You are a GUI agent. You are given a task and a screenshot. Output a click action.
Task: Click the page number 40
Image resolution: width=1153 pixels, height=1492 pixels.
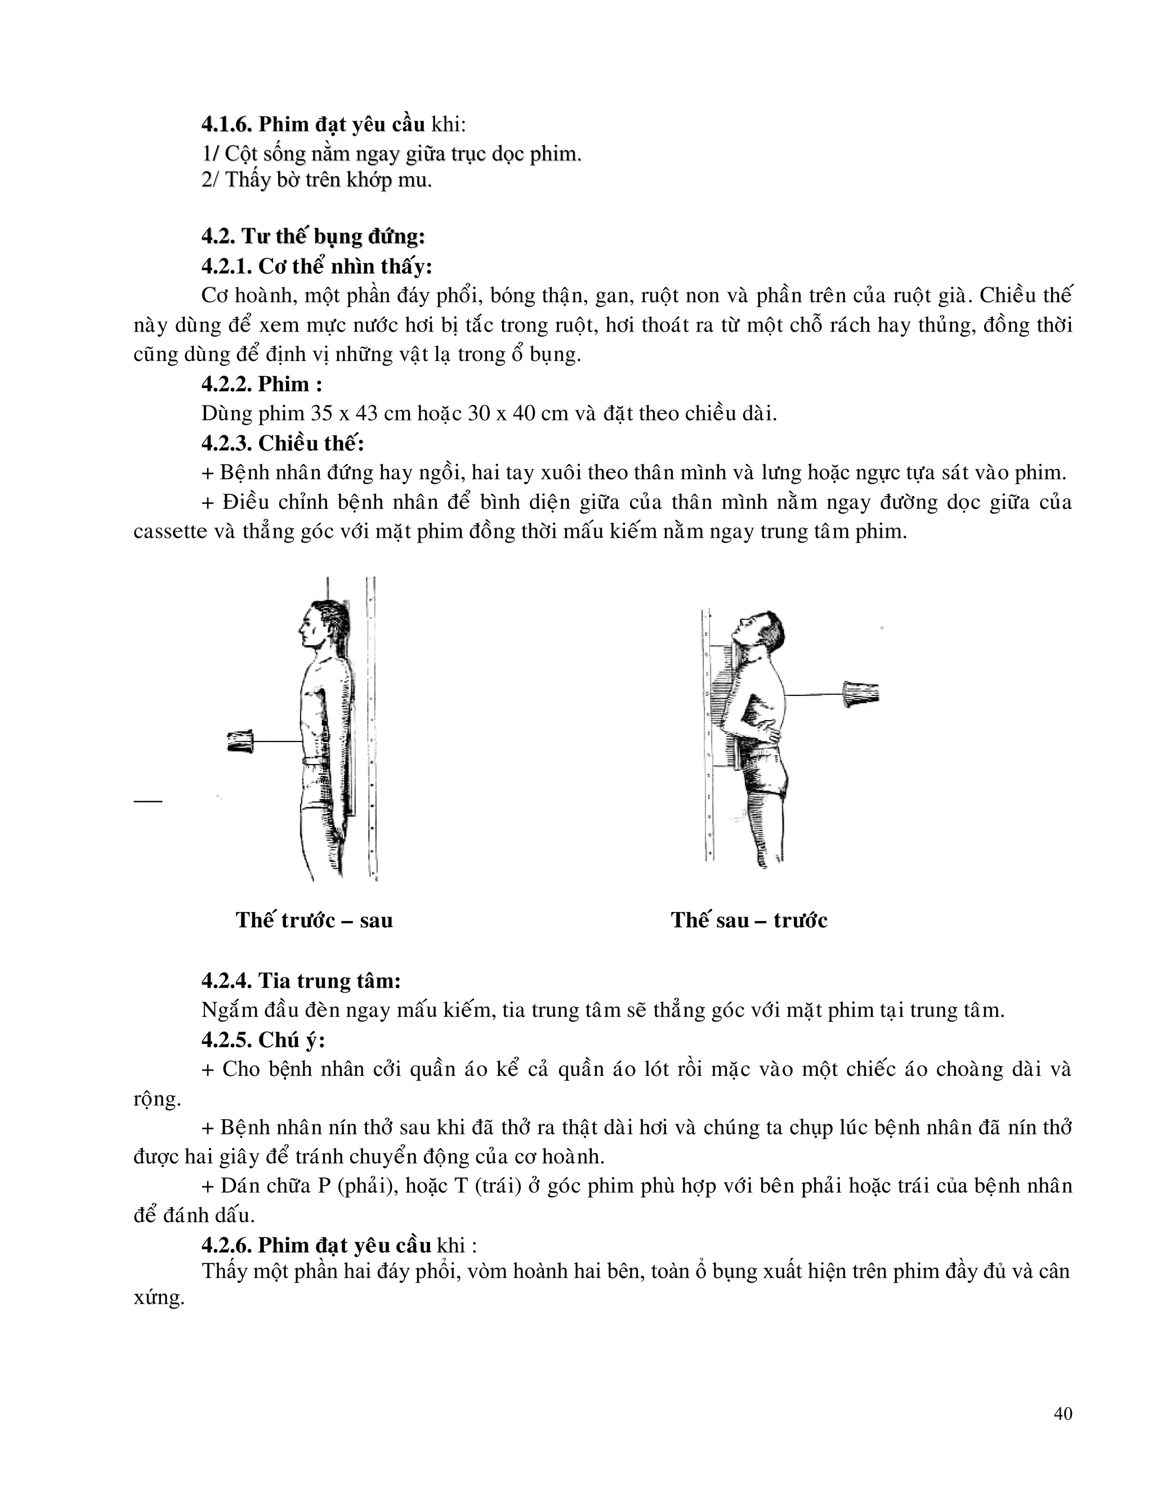click(x=1063, y=1414)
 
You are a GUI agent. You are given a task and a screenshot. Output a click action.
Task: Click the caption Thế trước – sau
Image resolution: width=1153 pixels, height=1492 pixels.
click(x=314, y=920)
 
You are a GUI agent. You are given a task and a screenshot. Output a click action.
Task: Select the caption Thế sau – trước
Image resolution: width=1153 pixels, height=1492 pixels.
click(x=749, y=920)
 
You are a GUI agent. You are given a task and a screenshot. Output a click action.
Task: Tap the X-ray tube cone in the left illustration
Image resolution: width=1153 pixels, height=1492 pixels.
click(x=240, y=742)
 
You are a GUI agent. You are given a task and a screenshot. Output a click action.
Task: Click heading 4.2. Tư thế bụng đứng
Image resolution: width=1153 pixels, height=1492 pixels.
click(x=313, y=237)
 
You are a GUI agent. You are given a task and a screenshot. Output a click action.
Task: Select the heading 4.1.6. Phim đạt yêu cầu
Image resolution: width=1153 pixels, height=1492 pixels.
click(x=313, y=125)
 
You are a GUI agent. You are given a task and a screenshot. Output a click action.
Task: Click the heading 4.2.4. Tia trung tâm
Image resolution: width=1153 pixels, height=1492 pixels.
click(x=301, y=981)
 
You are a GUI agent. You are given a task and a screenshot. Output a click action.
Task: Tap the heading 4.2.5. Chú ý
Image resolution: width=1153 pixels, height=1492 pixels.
click(x=263, y=1040)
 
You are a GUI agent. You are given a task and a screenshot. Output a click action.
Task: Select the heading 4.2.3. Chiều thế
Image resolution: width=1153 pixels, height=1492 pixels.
click(x=282, y=443)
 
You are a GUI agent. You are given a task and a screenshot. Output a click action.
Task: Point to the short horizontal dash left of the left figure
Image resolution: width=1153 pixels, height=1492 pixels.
click(x=148, y=800)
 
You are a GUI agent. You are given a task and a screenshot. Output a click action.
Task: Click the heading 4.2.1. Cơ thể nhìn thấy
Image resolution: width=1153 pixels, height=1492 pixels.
click(x=316, y=266)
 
